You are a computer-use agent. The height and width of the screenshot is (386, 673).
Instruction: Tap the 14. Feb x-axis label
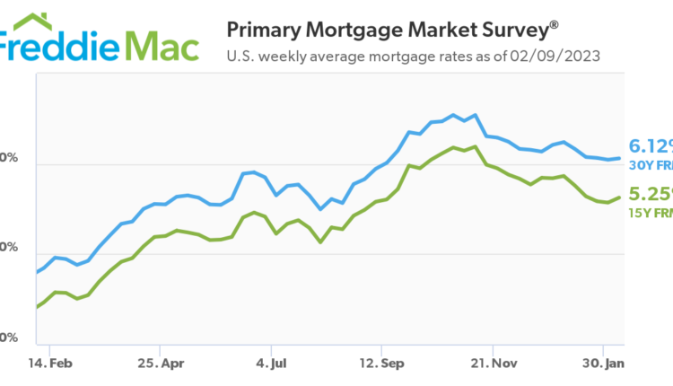point(49,365)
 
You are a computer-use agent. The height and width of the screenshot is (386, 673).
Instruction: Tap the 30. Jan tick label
point(602,365)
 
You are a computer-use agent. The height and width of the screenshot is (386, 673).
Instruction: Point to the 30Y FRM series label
point(650,166)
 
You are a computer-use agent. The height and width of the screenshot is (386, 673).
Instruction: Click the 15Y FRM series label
point(650,213)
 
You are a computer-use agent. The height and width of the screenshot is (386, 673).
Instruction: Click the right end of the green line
point(620,197)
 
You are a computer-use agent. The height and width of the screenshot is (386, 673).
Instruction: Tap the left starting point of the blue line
point(37,271)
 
